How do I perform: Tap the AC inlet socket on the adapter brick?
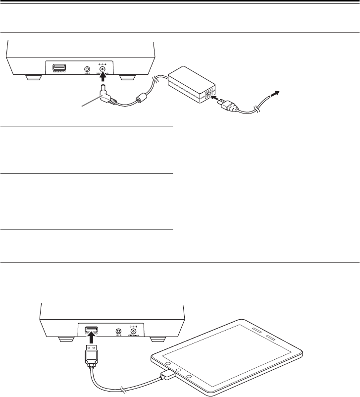click(x=210, y=94)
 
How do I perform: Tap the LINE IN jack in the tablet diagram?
click(x=118, y=331)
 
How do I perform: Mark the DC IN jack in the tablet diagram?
click(x=133, y=331)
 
